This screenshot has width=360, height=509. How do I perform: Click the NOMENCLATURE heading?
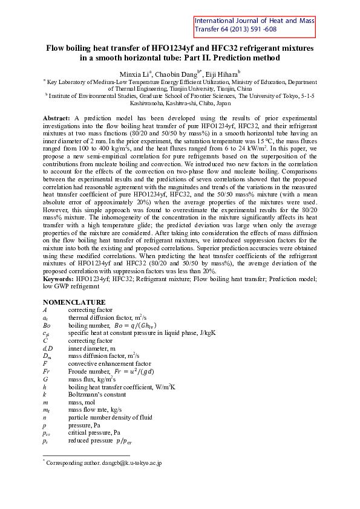pyautogui.click(x=74, y=302)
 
